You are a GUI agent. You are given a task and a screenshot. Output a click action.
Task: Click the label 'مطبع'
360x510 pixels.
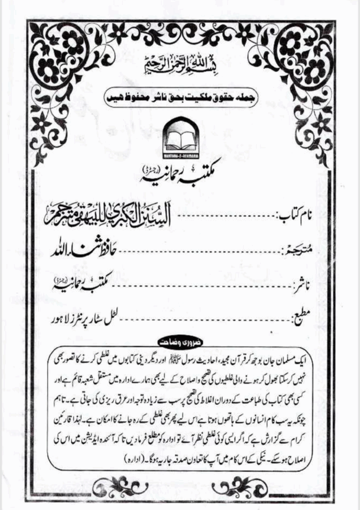click(x=302, y=315)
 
